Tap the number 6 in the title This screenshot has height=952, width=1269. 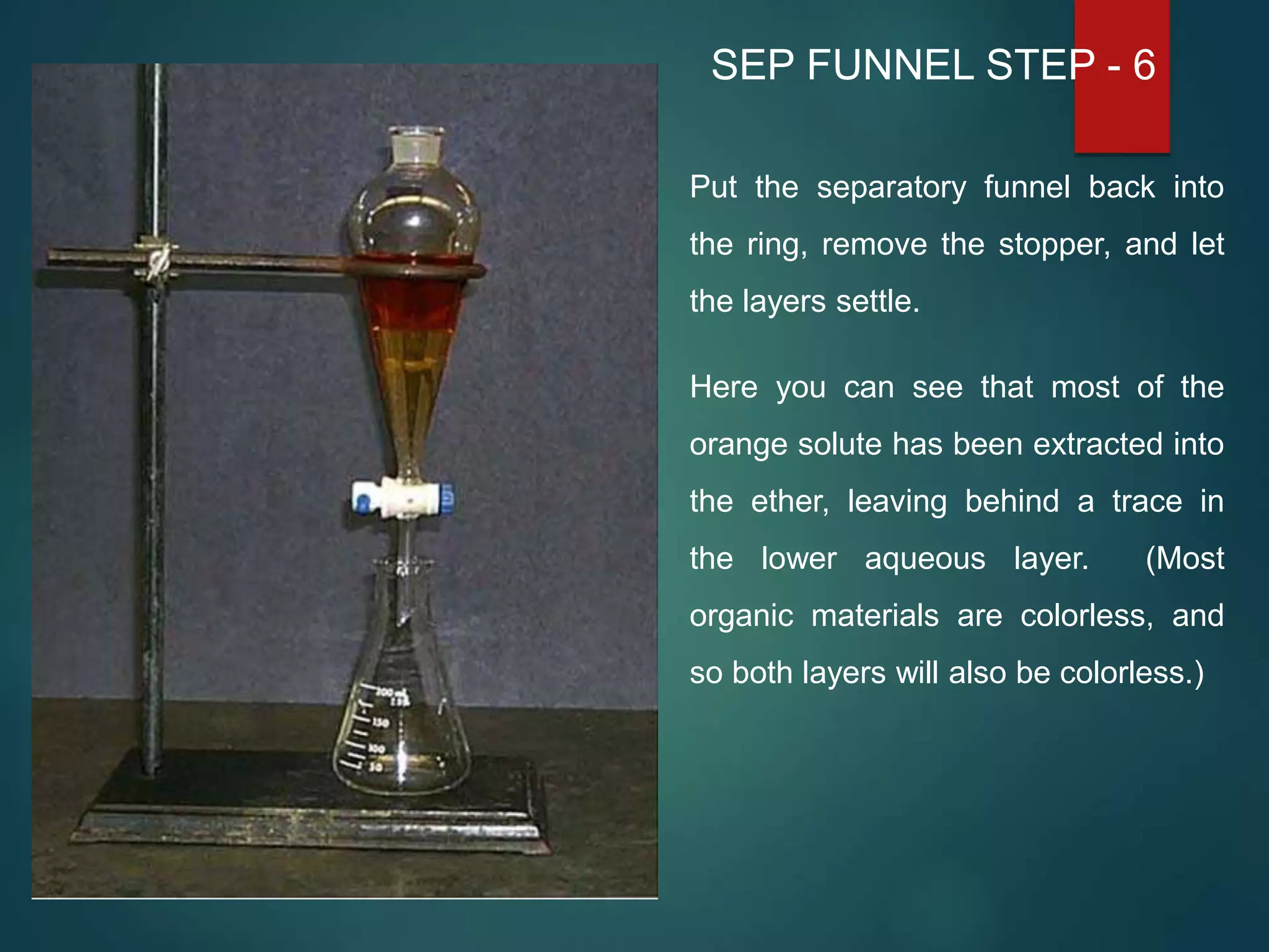(1144, 65)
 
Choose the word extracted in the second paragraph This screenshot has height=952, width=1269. (1097, 445)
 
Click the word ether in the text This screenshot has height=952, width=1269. (789, 501)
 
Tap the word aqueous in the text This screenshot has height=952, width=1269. (924, 559)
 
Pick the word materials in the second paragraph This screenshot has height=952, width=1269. (875, 616)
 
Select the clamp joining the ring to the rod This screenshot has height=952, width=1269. (156, 260)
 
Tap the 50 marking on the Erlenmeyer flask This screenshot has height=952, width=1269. (375, 767)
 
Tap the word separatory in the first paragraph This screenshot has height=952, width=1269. (891, 188)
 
